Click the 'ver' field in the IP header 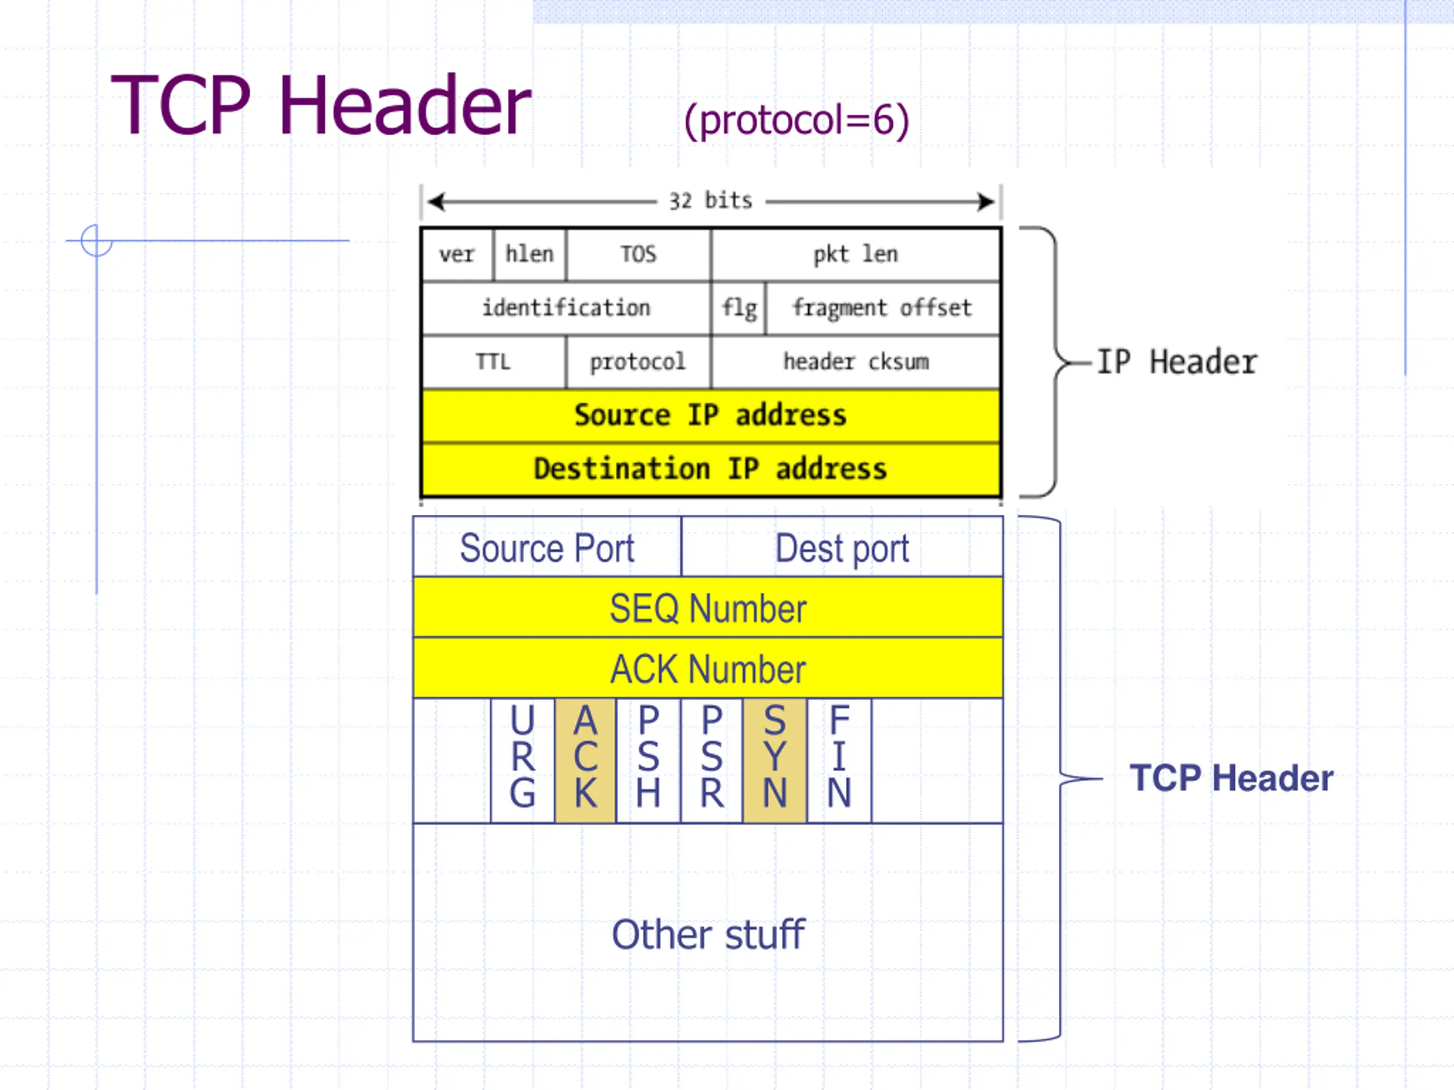click(x=457, y=254)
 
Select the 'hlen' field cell click(x=530, y=254)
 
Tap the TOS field click(x=638, y=254)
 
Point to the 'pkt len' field click(x=856, y=254)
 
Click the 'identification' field click(x=566, y=308)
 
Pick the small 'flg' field click(x=739, y=308)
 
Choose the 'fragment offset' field click(x=883, y=308)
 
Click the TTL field click(x=494, y=362)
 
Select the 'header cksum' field click(x=856, y=362)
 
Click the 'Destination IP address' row click(x=711, y=469)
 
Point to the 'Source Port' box click(x=547, y=547)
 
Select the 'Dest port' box click(x=843, y=547)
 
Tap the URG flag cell click(x=523, y=760)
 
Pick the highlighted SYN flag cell click(x=775, y=760)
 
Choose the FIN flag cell click(x=839, y=760)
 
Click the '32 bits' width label click(x=711, y=201)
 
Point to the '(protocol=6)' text click(x=797, y=121)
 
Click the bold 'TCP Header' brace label click(x=1231, y=778)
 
